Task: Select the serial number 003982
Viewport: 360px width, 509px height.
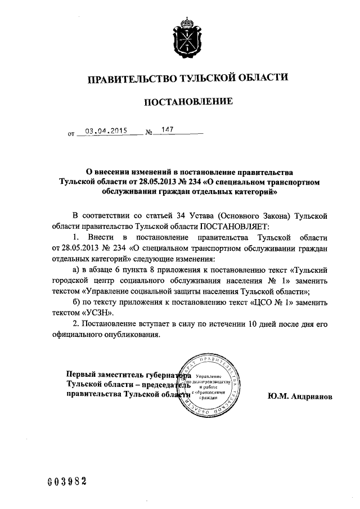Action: (67, 481)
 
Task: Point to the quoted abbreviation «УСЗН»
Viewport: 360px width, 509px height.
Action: (100, 312)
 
